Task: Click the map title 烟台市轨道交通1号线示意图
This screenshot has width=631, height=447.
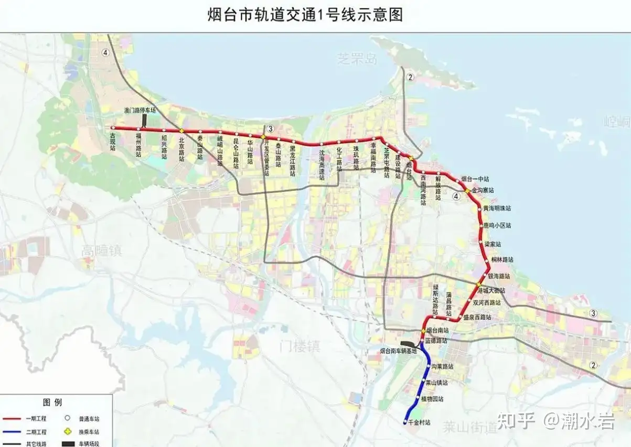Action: (306, 15)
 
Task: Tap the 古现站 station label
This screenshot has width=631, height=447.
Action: (113, 141)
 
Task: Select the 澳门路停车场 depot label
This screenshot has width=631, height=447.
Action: (140, 111)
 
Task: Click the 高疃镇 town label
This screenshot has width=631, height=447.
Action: (101, 252)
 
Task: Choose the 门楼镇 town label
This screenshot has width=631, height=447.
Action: (300, 346)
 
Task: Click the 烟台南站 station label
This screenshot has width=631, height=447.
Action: (437, 331)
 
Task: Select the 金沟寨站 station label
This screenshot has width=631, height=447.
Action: (483, 191)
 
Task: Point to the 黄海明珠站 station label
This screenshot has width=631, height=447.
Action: (497, 208)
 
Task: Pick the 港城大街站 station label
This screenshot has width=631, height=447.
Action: (492, 290)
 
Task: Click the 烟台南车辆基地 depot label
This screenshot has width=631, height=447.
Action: (399, 351)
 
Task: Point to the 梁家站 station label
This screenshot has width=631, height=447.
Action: (493, 244)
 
